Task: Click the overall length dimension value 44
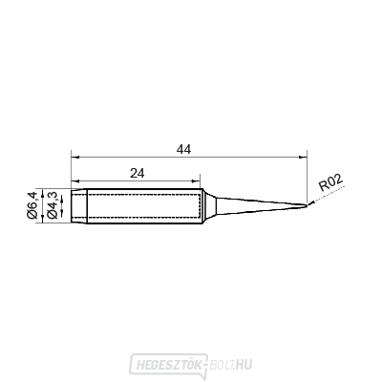pos(184,149)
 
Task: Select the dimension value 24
pos(138,174)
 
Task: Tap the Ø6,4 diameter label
pos(32,204)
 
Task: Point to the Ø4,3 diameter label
pos(52,205)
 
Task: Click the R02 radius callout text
pos(331,183)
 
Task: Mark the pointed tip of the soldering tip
pos(308,205)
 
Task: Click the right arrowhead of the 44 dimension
pos(304,157)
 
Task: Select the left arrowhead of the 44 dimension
pos(74,157)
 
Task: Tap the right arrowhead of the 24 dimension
pos(196,181)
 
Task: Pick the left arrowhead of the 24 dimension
pos(74,181)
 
